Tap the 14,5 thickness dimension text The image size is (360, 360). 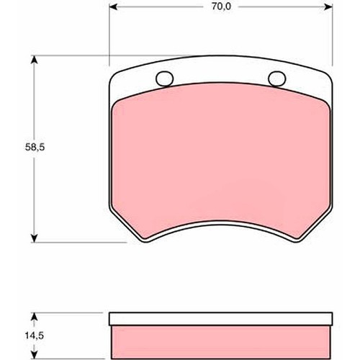[x=17, y=336]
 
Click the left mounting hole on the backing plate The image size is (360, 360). [x=163, y=79]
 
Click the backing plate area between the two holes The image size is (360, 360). [x=219, y=78]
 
